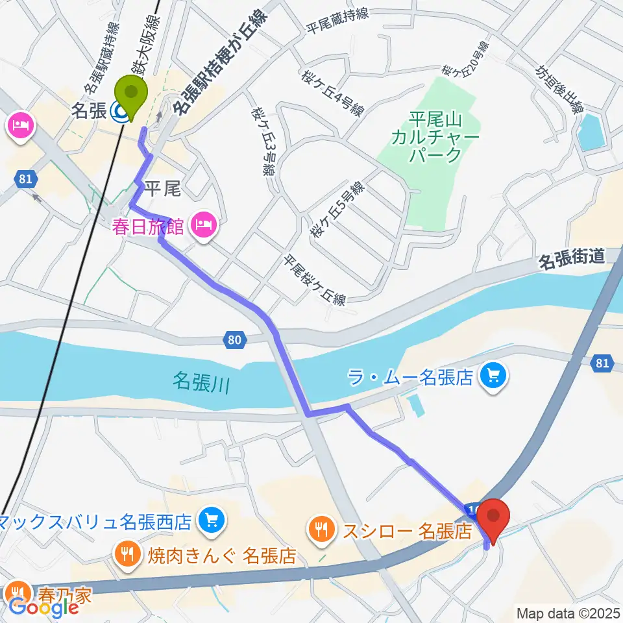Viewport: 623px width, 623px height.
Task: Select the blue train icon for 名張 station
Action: pos(119,113)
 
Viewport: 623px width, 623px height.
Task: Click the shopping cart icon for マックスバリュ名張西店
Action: pos(210,520)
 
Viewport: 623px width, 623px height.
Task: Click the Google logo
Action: pos(44,607)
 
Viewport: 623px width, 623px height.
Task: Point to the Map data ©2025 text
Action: pos(567,612)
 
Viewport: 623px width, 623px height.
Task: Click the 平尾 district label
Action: pos(160,189)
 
